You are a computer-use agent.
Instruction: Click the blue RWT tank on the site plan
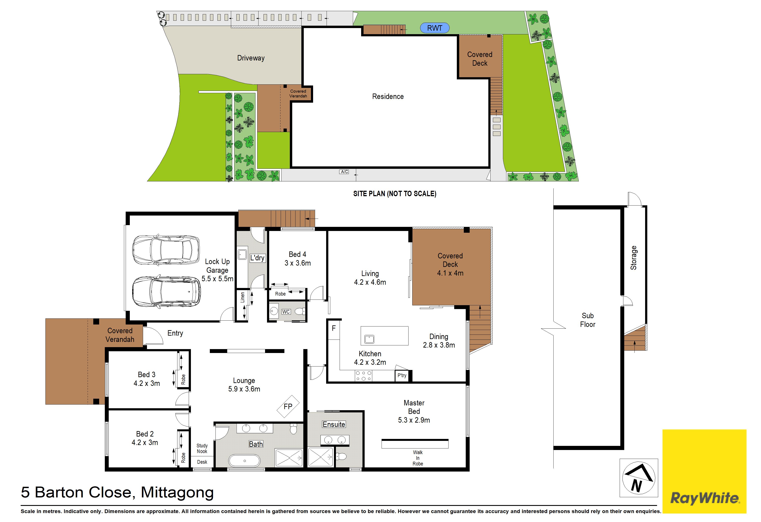point(434,28)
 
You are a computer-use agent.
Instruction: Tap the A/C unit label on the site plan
point(344,172)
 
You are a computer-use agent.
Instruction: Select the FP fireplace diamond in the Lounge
point(288,407)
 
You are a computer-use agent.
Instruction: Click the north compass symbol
point(639,478)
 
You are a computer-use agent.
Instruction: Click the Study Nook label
point(202,448)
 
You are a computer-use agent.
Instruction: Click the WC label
point(286,312)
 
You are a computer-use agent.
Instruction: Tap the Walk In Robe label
point(418,458)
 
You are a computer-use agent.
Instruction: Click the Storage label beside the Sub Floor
point(634,258)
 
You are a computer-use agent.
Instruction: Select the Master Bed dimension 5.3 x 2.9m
point(414,420)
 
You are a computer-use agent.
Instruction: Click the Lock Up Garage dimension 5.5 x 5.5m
point(217,279)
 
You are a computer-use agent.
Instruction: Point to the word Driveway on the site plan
point(251,58)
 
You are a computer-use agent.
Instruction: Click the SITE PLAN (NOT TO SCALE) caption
point(395,194)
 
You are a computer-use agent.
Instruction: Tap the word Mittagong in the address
point(177,492)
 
